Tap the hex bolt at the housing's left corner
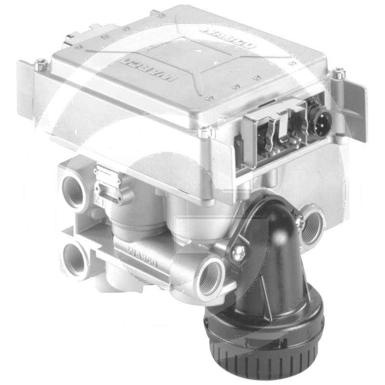40,63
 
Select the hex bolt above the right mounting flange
340,73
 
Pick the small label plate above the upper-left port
107,174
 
